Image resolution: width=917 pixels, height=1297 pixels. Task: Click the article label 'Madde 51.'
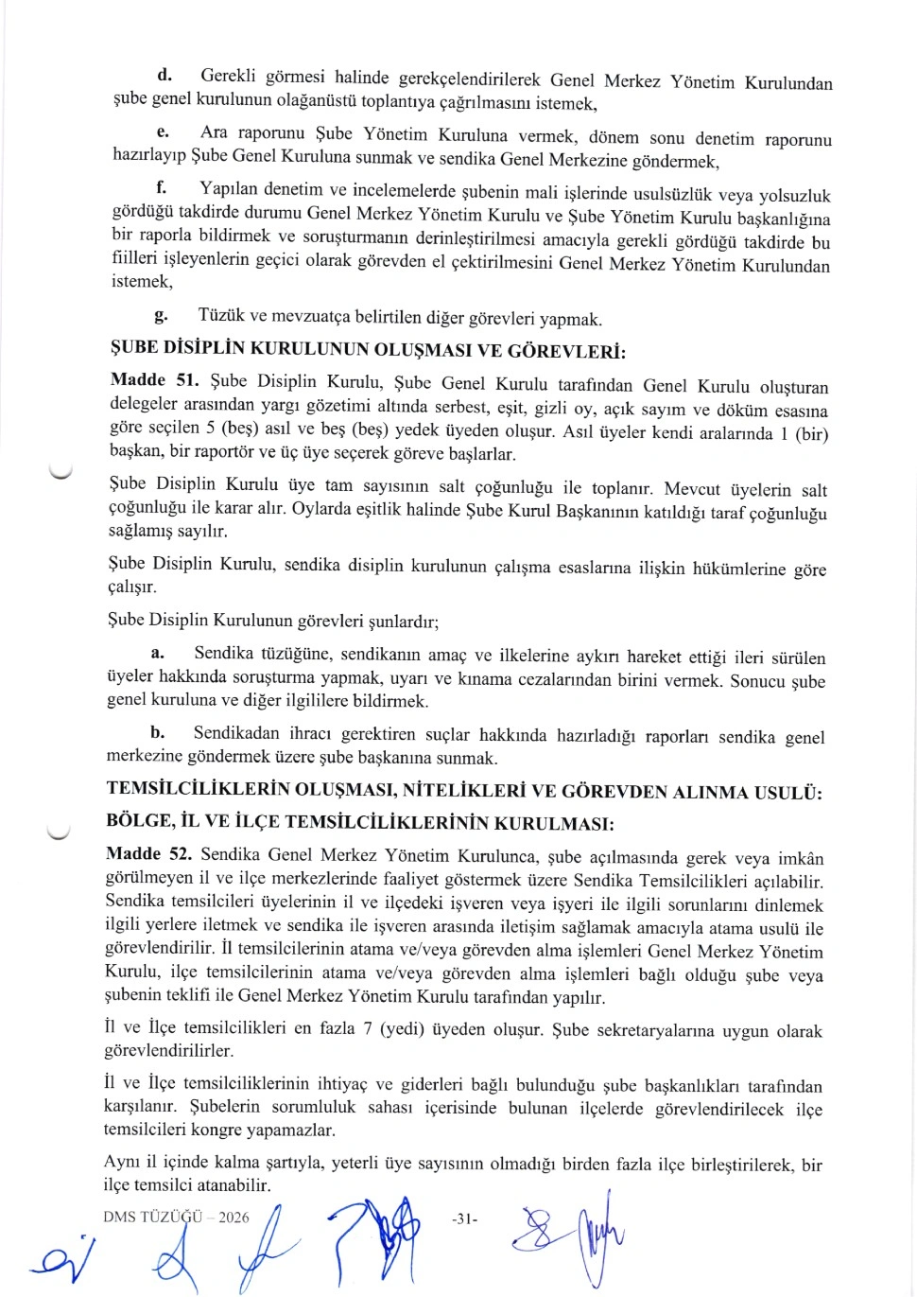(x=154, y=379)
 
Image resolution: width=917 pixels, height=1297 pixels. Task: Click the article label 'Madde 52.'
(x=148, y=853)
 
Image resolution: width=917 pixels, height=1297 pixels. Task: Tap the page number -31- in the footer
(x=464, y=1219)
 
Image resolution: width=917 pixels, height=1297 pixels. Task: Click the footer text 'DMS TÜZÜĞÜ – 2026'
(x=176, y=1218)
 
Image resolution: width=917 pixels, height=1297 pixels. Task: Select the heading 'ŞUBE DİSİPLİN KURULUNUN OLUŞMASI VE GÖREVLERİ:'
(x=368, y=350)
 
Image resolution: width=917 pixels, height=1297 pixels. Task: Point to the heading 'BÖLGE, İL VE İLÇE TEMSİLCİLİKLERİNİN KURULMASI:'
(x=360, y=822)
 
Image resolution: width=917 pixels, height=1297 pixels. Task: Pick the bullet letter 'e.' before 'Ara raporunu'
(x=163, y=131)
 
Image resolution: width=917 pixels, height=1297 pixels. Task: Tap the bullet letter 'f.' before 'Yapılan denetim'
(x=162, y=187)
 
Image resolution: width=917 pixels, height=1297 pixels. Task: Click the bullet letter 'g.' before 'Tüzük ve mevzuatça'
(x=161, y=314)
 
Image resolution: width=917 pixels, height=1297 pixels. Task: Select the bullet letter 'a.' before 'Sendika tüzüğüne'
(x=157, y=653)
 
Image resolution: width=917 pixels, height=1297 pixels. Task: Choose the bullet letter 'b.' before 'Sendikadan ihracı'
(x=157, y=732)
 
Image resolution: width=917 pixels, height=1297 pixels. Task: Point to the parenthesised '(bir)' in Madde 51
(x=811, y=434)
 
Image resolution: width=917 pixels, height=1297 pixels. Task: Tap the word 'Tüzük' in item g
(x=221, y=315)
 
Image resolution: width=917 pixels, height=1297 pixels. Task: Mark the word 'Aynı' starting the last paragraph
(x=123, y=1162)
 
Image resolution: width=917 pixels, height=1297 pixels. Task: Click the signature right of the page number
(x=567, y=1234)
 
